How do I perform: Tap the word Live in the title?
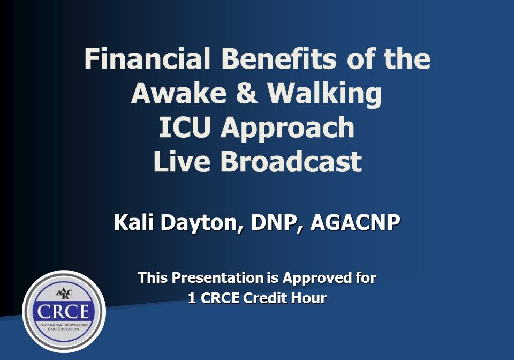click(182, 162)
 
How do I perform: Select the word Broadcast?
click(291, 162)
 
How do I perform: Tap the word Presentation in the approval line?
click(216, 278)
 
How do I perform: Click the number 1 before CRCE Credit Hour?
click(192, 298)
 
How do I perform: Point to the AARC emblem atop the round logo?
click(64, 292)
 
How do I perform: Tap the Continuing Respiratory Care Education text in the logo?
click(64, 327)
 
